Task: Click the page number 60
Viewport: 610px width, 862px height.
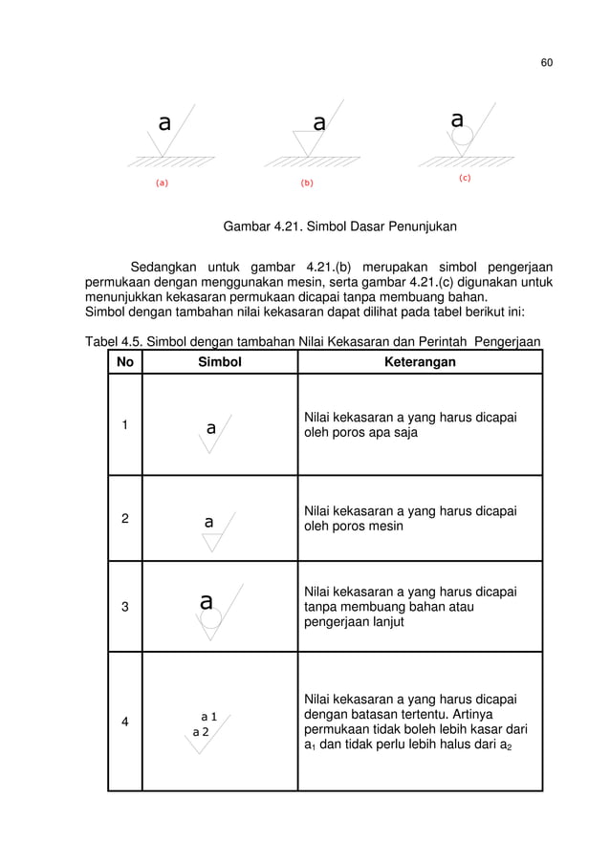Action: (x=546, y=63)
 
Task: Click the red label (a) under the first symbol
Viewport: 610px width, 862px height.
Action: (x=163, y=181)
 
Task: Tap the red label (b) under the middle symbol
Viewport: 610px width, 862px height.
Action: (x=309, y=181)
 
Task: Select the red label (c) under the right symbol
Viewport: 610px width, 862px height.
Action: (x=464, y=178)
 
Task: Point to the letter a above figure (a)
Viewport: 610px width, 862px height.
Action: (x=164, y=122)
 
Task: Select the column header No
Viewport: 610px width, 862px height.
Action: (x=124, y=362)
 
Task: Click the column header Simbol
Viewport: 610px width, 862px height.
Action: (x=220, y=362)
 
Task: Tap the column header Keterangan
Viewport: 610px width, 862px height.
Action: (x=420, y=362)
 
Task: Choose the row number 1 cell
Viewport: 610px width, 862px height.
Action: (x=124, y=425)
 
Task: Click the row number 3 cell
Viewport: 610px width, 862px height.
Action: (x=124, y=604)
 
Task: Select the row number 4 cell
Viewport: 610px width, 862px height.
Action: (x=124, y=722)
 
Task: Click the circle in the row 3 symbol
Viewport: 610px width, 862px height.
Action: (x=209, y=620)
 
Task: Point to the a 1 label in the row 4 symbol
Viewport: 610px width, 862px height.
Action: (x=209, y=715)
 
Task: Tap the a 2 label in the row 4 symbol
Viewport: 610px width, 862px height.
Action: (x=201, y=731)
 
